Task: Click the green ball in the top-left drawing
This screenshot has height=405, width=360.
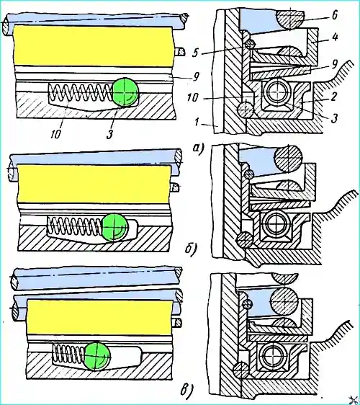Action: point(126,92)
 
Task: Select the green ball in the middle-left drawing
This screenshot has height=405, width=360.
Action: point(114,227)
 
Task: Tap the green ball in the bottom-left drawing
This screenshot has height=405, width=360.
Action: point(97,357)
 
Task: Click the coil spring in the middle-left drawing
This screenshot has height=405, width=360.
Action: point(75,226)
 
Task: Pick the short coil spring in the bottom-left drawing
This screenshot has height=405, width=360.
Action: point(69,354)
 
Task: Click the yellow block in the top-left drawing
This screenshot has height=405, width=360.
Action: point(93,45)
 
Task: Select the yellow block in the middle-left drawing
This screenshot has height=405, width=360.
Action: point(94,184)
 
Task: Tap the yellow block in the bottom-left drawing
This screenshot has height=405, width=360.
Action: point(99,317)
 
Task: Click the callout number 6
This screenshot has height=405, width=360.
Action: point(335,16)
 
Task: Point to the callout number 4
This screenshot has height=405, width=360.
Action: point(335,37)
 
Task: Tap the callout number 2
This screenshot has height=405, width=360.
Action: point(333,97)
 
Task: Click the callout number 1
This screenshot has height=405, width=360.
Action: point(197,122)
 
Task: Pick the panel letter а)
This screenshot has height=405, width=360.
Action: point(198,149)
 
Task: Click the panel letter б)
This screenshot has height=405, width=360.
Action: point(192,249)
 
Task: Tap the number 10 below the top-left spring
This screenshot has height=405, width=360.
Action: point(56,133)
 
